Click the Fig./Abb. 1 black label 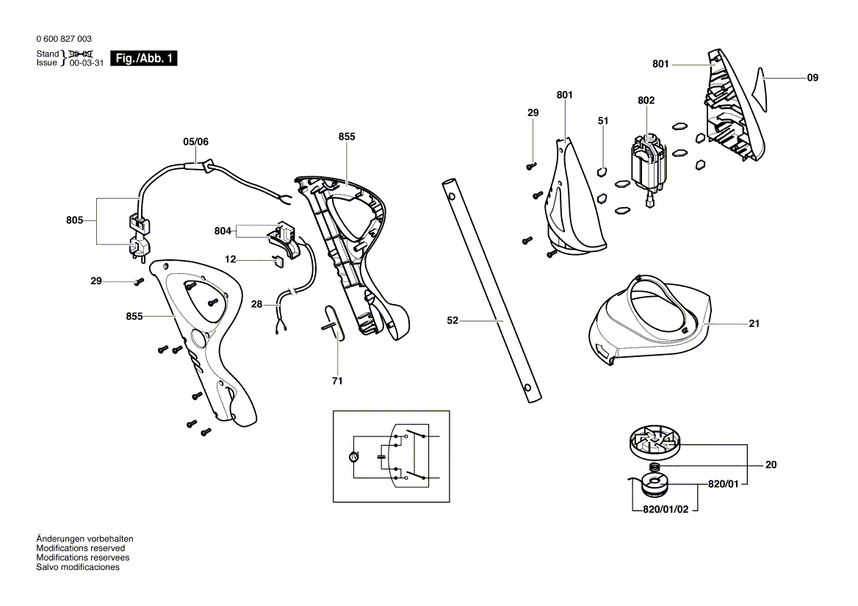pyautogui.click(x=143, y=59)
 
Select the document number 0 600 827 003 pyautogui.click(x=64, y=39)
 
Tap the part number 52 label pyautogui.click(x=453, y=320)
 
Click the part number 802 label pyautogui.click(x=646, y=100)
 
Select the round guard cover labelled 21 pyautogui.click(x=646, y=323)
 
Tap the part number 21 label pyautogui.click(x=754, y=323)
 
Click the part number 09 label pyautogui.click(x=812, y=77)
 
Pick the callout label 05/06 pyautogui.click(x=196, y=142)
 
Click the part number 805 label pyautogui.click(x=74, y=220)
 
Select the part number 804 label pyautogui.click(x=223, y=231)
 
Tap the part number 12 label pyautogui.click(x=231, y=259)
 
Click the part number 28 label pyautogui.click(x=256, y=303)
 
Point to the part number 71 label pyautogui.click(x=338, y=380)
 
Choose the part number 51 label pyautogui.click(x=603, y=120)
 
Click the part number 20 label pyautogui.click(x=771, y=465)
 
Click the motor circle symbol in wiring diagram pyautogui.click(x=353, y=457)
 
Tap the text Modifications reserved pyautogui.click(x=81, y=548)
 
